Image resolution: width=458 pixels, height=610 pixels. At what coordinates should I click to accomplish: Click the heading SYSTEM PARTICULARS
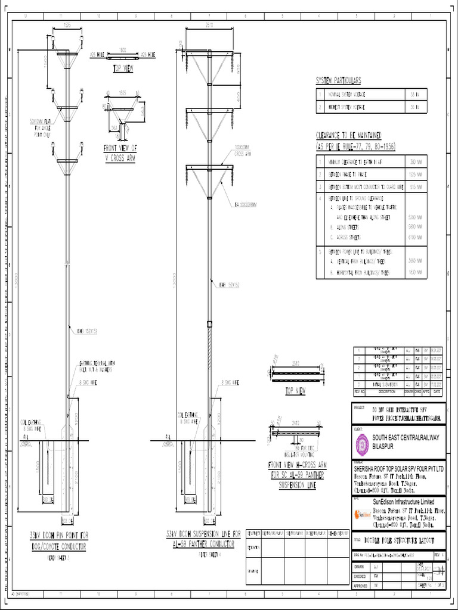[x=338, y=81]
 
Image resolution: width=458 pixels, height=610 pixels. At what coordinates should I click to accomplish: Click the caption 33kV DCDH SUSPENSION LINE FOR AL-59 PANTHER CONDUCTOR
[x=204, y=538]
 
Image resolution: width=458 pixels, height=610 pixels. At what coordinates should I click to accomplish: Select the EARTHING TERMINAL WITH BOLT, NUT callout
[x=95, y=367]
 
